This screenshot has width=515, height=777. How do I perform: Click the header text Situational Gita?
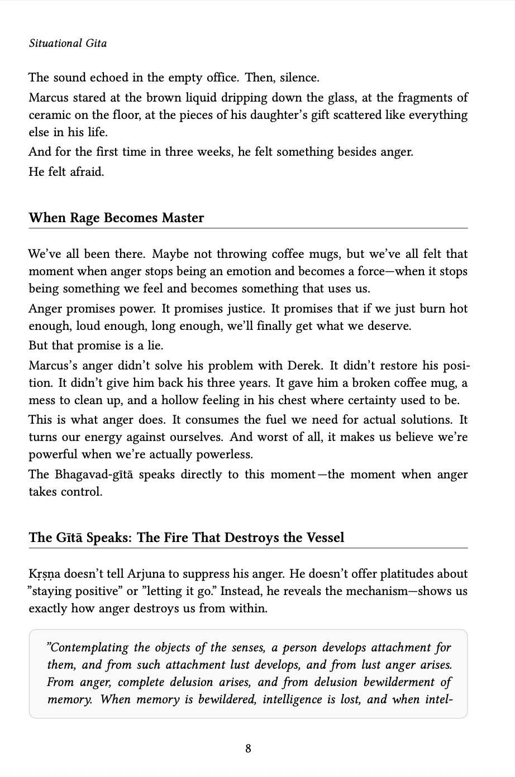coord(68,44)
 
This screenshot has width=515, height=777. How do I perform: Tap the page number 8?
coord(248,749)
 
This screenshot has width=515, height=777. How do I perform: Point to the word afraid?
coord(87,172)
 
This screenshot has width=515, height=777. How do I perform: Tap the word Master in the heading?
coord(183,218)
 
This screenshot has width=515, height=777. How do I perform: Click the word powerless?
coord(225,454)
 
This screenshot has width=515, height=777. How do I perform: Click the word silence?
coord(300,78)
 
